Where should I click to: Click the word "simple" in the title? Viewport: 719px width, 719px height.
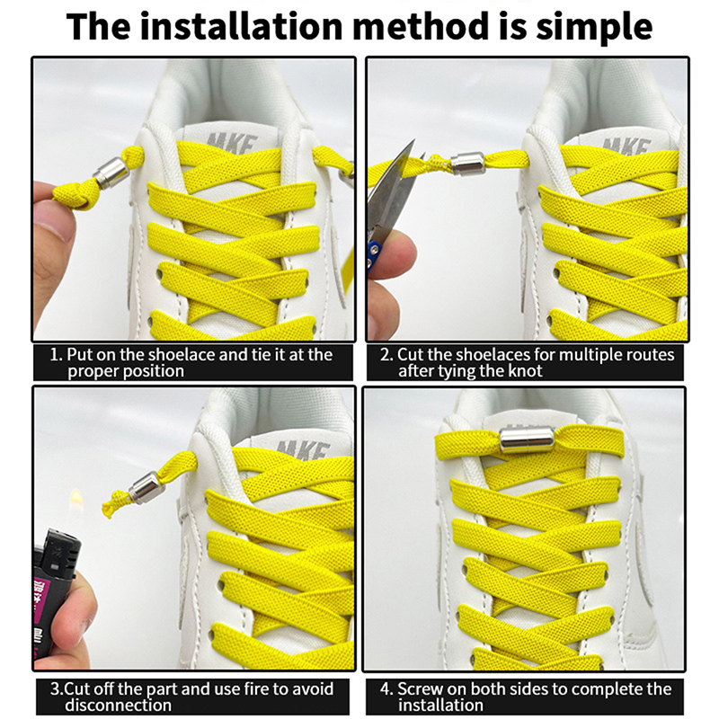coord(594,29)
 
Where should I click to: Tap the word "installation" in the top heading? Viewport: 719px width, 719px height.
coord(241,26)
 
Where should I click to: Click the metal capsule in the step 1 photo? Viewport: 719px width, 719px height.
coord(111,173)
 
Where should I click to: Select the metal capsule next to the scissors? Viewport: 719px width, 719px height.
coord(467,164)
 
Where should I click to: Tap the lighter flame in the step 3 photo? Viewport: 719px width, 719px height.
coord(75,499)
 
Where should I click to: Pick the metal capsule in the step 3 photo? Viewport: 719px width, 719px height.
coord(147,488)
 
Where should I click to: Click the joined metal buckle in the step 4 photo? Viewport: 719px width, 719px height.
coord(527,440)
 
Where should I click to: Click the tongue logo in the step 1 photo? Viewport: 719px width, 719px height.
coord(233,141)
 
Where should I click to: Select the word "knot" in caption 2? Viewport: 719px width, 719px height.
coord(525,370)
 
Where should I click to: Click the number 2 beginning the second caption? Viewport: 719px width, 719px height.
coord(386,355)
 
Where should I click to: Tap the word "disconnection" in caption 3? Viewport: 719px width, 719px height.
coord(118,705)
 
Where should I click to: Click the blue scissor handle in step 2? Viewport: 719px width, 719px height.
coord(371,257)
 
